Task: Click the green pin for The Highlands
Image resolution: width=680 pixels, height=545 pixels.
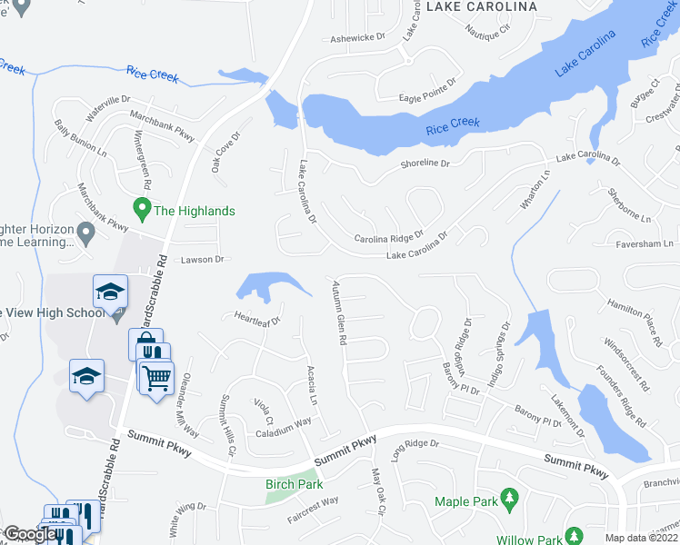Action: (141, 210)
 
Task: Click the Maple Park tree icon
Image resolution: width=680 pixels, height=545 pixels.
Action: (510, 499)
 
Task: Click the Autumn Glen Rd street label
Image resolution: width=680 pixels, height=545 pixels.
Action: (341, 312)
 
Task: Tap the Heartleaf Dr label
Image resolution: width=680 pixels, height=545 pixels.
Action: (256, 319)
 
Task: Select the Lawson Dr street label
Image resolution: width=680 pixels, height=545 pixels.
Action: (202, 260)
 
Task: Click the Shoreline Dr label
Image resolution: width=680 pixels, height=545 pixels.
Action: (425, 163)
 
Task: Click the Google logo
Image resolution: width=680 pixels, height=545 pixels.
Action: (29, 534)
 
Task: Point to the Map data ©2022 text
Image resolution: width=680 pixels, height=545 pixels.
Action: (642, 538)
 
